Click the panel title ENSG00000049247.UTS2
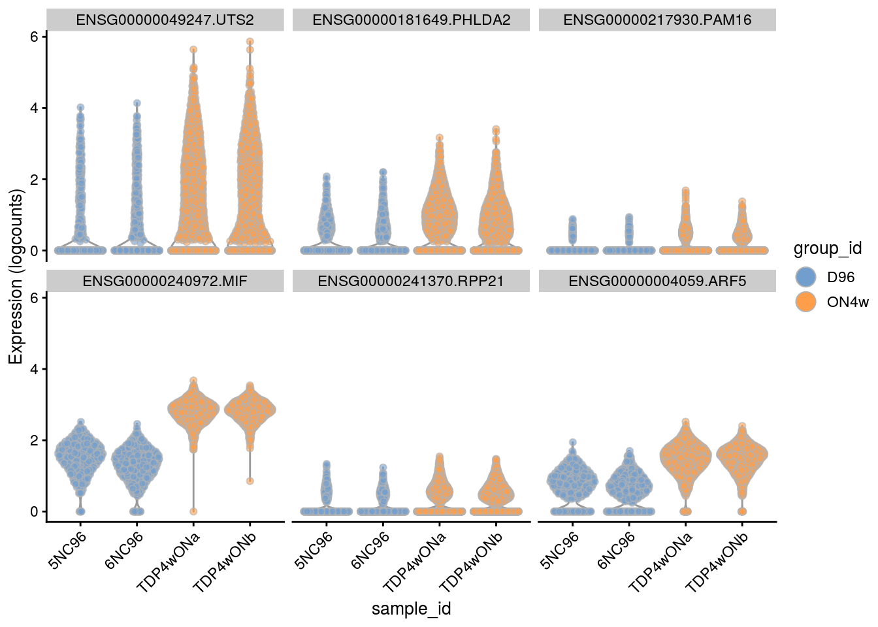click(x=165, y=20)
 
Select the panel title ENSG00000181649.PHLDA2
click(x=411, y=20)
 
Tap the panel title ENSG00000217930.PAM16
click(x=657, y=20)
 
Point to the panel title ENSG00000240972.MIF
click(x=165, y=281)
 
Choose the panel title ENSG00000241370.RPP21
click(x=411, y=281)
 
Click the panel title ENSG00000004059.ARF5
click(x=657, y=281)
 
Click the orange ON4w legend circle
click(x=806, y=302)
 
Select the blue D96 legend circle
click(x=806, y=277)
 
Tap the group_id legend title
click(x=827, y=248)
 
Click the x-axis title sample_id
click(x=411, y=609)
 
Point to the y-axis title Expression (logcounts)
click(x=15, y=276)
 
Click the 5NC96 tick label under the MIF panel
click(x=68, y=550)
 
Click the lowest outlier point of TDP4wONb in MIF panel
click(x=250, y=481)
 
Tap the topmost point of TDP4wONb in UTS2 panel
click(x=250, y=42)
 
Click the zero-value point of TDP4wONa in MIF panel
click(x=193, y=511)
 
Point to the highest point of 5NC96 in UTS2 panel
click(x=80, y=107)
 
